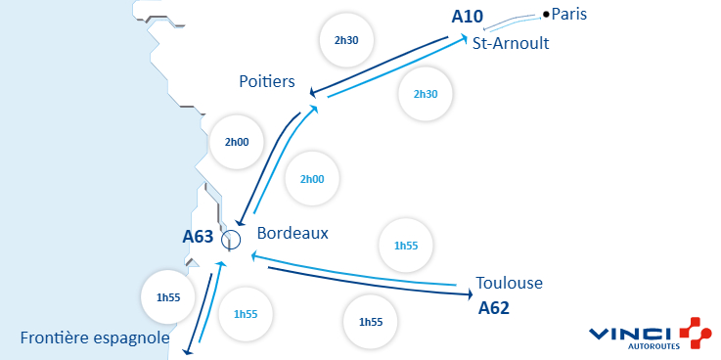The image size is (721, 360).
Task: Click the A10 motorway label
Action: click(469, 17)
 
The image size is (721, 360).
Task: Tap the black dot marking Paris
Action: click(546, 14)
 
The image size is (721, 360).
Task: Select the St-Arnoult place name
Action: click(510, 44)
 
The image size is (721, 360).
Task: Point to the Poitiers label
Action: click(267, 81)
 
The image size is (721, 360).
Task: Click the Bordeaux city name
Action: click(293, 234)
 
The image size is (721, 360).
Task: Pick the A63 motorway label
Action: click(199, 236)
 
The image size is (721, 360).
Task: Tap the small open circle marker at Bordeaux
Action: click(231, 239)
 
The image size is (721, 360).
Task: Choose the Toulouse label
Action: click(509, 283)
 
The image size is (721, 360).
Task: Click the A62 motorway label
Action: click(495, 308)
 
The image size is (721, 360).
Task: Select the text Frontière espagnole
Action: click(95, 338)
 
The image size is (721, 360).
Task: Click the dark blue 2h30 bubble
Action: click(347, 41)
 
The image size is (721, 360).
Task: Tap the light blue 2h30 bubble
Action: click(425, 94)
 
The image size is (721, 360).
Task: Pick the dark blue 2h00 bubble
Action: click(237, 142)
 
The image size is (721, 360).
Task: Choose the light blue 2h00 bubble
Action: click(312, 179)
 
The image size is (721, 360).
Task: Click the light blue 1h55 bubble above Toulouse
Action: click(405, 246)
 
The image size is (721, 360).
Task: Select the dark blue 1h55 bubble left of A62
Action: click(371, 322)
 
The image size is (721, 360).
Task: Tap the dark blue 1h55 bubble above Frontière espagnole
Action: click(169, 296)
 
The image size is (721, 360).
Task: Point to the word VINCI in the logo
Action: click(629, 334)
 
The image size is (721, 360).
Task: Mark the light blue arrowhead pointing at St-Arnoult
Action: click(464, 39)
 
